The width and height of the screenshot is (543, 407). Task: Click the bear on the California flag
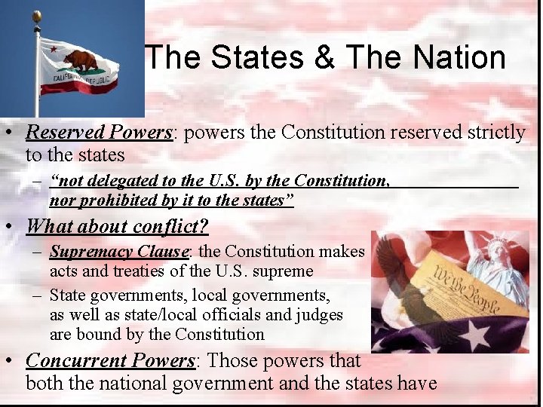click(x=80, y=60)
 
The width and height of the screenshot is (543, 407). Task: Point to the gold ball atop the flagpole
click(x=36, y=15)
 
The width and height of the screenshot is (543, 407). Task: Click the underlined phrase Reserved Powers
click(x=99, y=133)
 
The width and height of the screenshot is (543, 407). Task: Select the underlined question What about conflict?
click(x=117, y=226)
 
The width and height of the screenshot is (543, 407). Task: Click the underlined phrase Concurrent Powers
click(x=110, y=361)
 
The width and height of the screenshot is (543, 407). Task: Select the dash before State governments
click(x=37, y=295)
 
